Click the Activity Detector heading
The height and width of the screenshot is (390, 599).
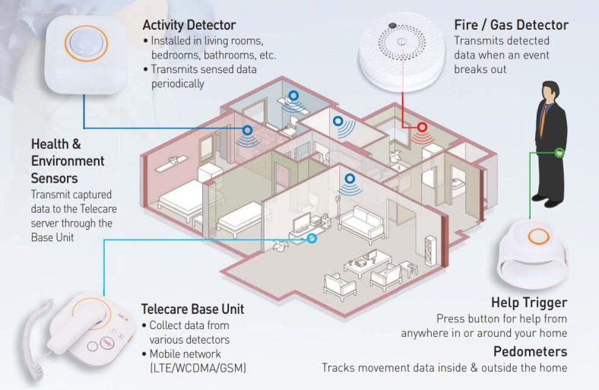[189, 25]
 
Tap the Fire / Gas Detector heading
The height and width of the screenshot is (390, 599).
[511, 25]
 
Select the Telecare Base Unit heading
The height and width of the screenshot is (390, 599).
[192, 309]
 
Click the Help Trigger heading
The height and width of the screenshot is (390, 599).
[529, 303]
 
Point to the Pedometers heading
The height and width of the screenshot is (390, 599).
[530, 351]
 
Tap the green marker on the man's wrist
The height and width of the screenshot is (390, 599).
[559, 152]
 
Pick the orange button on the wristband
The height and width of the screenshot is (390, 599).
[538, 236]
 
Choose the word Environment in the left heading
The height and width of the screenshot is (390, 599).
[68, 161]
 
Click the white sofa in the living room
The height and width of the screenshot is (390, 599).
[360, 224]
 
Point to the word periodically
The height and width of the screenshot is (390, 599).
[177, 84]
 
